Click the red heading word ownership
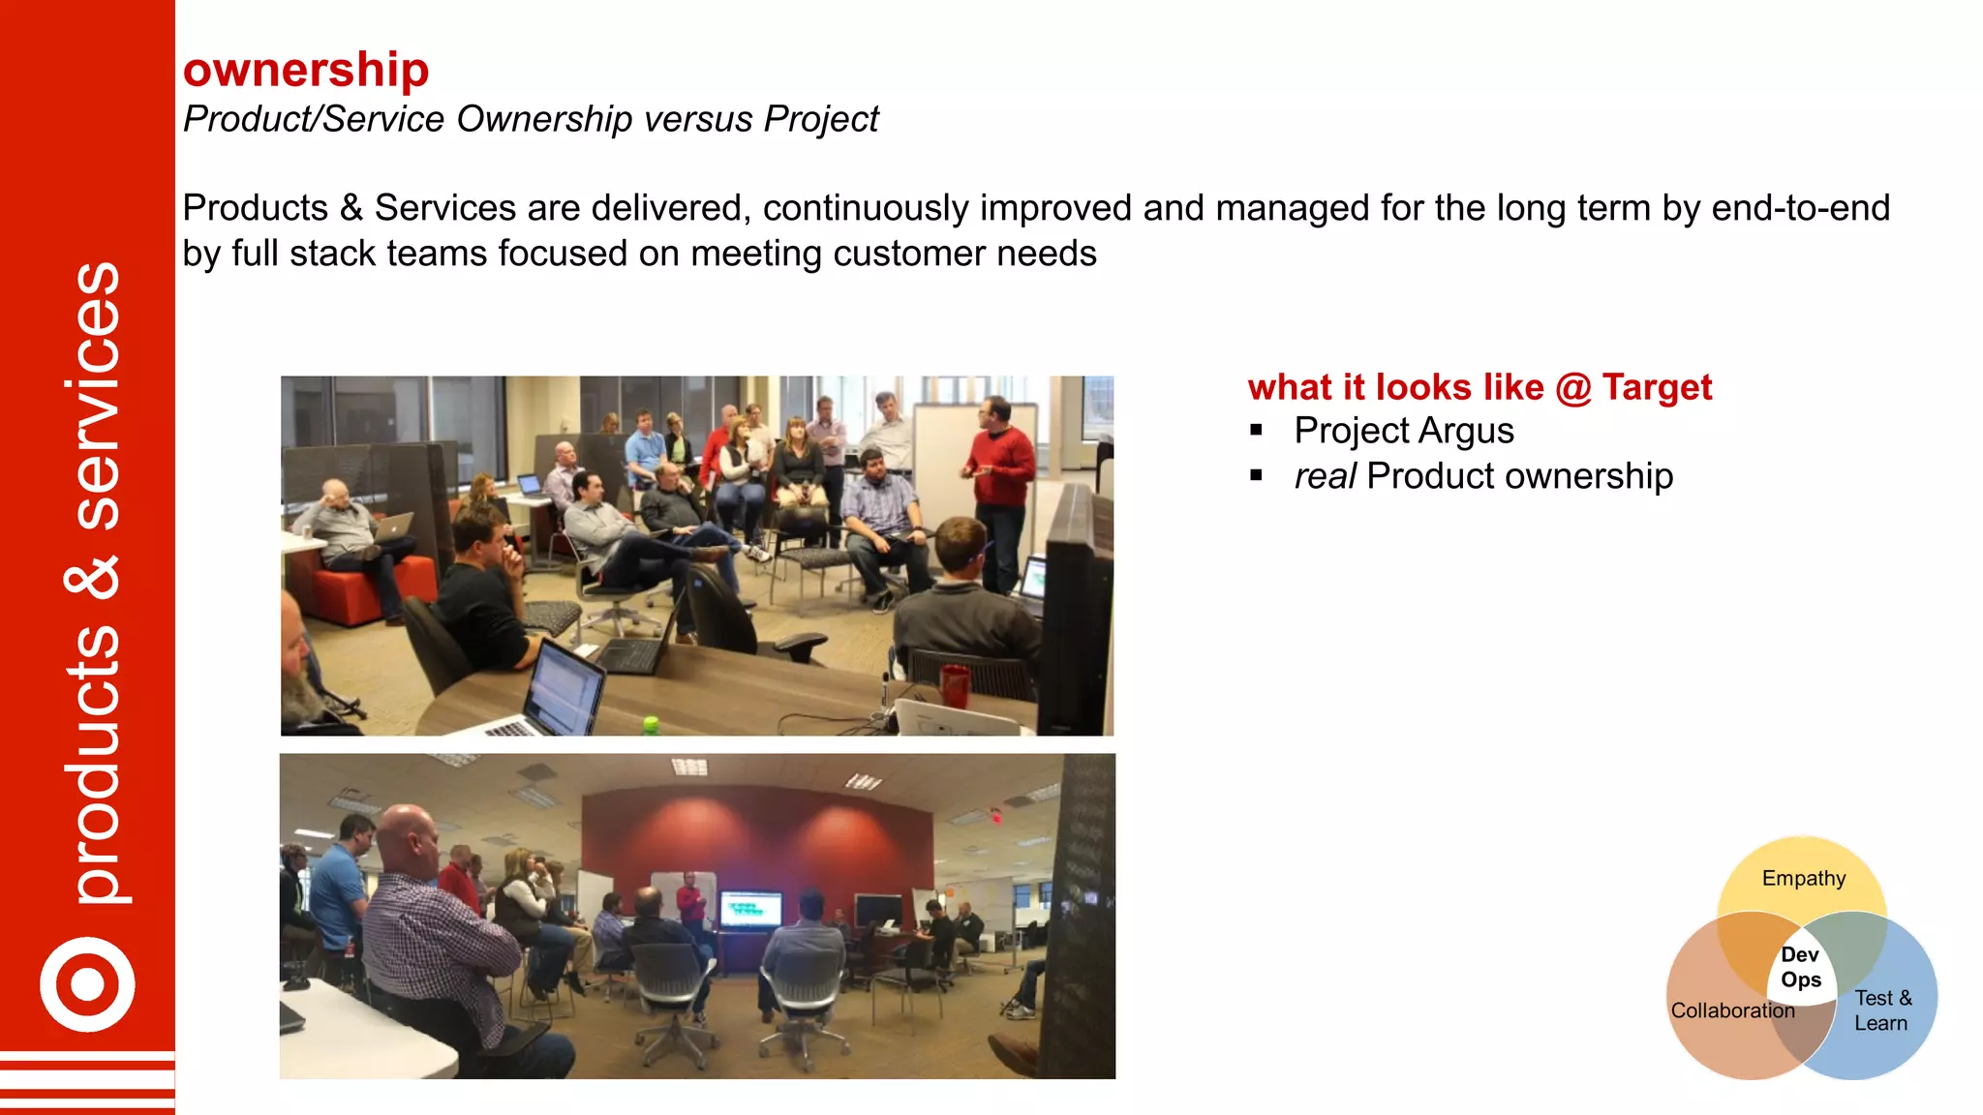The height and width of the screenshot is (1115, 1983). [x=306, y=70]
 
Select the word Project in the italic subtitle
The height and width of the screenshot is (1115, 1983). [x=820, y=119]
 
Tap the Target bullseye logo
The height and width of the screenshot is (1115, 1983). [x=87, y=984]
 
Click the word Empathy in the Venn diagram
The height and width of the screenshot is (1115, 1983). [x=1803, y=878]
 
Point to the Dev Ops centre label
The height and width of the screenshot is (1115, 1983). [x=1800, y=967]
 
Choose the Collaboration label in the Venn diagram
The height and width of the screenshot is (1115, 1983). [x=1732, y=1010]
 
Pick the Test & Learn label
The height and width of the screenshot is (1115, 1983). [x=1882, y=1010]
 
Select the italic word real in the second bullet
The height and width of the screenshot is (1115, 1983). [x=1325, y=476]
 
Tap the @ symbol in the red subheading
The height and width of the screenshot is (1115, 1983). [x=1573, y=388]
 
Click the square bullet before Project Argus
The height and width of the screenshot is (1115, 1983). [x=1256, y=431]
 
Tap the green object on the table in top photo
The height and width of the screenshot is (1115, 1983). [x=651, y=723]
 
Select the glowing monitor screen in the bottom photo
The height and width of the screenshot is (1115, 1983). [x=750, y=909]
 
